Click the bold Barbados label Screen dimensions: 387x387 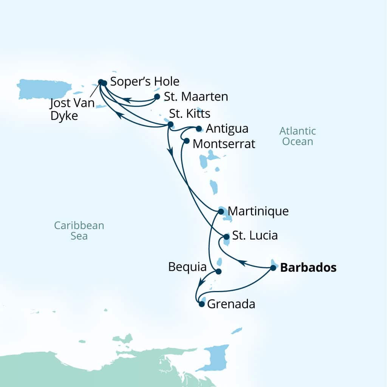click(308, 268)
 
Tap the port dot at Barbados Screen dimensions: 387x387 click(273, 268)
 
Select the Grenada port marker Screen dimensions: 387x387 click(201, 303)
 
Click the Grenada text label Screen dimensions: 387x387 click(231, 304)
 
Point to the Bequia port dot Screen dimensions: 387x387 click(218, 271)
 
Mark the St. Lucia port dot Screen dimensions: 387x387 click(226, 237)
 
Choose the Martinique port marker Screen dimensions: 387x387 click(221, 211)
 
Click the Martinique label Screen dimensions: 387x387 click(259, 211)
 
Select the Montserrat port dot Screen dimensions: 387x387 click(186, 141)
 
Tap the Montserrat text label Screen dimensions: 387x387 click(224, 144)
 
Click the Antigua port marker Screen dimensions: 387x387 click(199, 129)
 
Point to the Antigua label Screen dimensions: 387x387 click(228, 129)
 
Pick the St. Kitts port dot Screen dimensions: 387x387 click(170, 124)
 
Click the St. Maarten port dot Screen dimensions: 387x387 click(157, 97)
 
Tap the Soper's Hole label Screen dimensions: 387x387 click(144, 82)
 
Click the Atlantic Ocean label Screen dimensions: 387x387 click(297, 136)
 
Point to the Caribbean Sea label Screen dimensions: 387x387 click(79, 231)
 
